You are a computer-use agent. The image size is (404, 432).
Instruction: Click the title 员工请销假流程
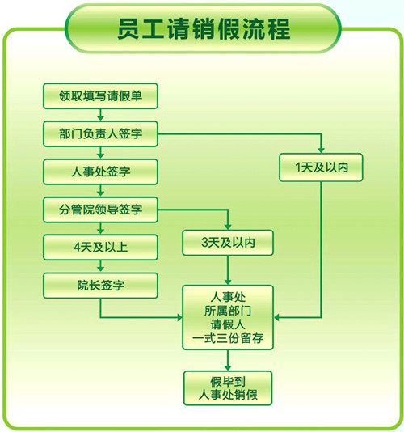point(204,28)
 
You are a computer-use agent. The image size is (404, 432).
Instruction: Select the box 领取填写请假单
point(100,96)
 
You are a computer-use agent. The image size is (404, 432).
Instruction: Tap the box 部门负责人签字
point(100,133)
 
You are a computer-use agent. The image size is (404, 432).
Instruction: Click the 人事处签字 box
point(100,172)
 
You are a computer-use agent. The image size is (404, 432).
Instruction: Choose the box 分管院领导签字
point(100,210)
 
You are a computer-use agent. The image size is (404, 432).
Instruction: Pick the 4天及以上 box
point(100,248)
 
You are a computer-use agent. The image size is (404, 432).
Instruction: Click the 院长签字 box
point(100,286)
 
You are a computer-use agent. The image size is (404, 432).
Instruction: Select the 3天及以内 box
point(228,243)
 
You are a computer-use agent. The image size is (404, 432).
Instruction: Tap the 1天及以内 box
point(321,167)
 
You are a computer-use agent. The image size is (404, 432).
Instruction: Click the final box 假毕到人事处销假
point(228,388)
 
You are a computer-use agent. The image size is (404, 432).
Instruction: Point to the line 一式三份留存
point(228,338)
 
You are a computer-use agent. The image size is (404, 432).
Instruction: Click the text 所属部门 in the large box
point(228,311)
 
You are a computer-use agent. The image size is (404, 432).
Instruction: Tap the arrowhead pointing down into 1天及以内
point(321,150)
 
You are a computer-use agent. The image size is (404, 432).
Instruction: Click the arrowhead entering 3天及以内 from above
point(228,227)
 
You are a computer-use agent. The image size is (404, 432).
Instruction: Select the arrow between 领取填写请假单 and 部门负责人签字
point(100,115)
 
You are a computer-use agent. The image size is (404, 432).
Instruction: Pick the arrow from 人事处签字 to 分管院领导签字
point(100,191)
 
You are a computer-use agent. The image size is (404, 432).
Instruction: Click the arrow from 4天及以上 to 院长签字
point(100,266)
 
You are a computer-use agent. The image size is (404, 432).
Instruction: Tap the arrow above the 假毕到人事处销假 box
point(228,360)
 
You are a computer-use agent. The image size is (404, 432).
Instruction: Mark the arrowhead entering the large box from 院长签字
point(179,317)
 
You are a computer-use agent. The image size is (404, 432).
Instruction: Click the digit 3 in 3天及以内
point(204,243)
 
